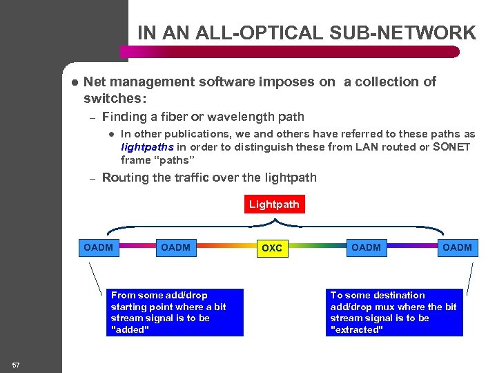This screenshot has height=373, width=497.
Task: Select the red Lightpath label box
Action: click(274, 204)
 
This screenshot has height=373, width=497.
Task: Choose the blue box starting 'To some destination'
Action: click(394, 312)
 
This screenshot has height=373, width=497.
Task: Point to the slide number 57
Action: click(16, 364)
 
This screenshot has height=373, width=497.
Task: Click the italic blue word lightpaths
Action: click(147, 146)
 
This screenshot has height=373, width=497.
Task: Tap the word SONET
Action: click(451, 146)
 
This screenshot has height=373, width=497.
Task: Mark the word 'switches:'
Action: click(115, 98)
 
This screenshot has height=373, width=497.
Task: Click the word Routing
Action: click(126, 178)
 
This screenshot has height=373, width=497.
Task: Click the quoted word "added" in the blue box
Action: click(130, 329)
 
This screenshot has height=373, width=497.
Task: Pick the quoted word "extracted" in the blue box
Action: click(357, 329)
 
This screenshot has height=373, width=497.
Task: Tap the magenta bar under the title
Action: click(290, 51)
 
